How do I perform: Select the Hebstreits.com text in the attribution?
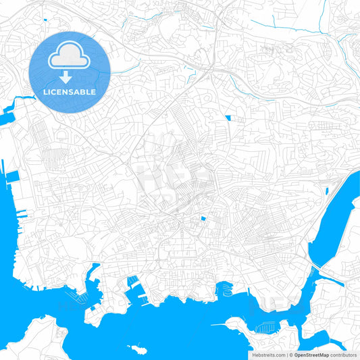tap(268, 354)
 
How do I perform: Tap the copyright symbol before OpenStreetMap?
tap(291, 354)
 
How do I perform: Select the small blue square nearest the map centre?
tap(202, 219)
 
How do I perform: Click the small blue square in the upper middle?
tap(228, 118)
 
